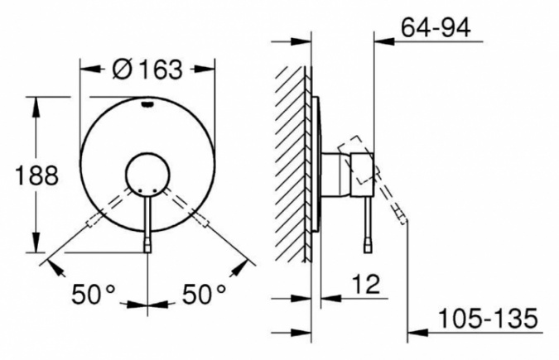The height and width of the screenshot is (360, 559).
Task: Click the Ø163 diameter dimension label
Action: [x=147, y=70]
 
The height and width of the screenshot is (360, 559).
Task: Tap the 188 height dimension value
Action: [x=36, y=175]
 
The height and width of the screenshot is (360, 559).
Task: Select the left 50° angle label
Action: [x=94, y=295]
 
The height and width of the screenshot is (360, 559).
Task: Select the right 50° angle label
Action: [x=205, y=295]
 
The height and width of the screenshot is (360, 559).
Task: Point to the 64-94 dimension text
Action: [x=436, y=27]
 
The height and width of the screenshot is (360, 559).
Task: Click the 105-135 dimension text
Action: [x=487, y=319]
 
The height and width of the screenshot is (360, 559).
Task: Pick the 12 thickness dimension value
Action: [x=366, y=284]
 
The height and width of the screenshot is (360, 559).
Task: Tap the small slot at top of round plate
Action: [x=147, y=104]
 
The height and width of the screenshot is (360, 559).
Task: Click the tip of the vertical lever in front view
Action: [x=147, y=247]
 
